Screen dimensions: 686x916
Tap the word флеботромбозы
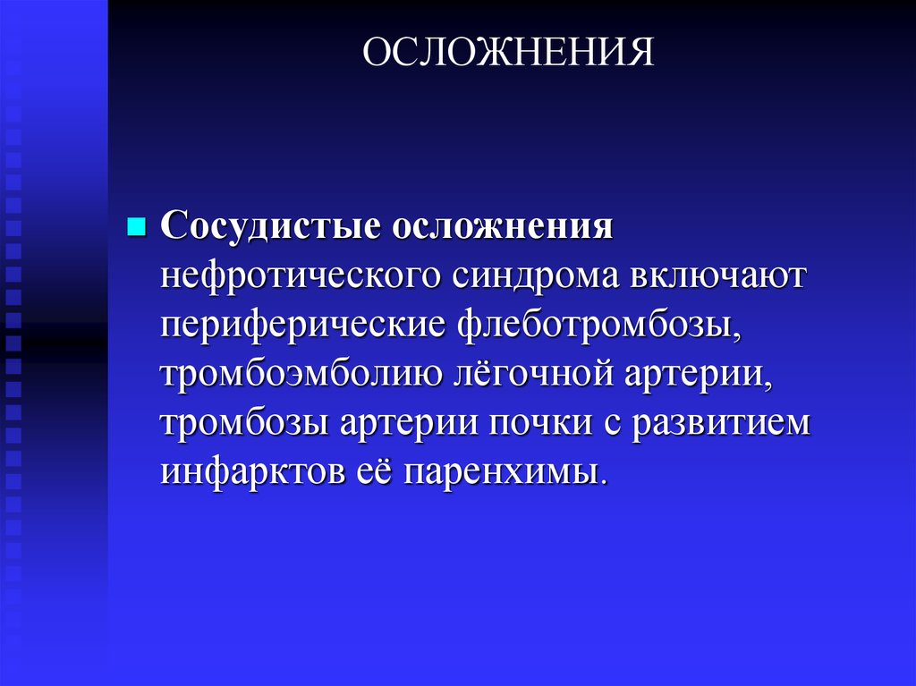600,325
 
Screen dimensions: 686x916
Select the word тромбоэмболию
301,374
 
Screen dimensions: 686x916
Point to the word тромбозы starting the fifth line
244,423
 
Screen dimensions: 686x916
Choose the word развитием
721,423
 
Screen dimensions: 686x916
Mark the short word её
375,472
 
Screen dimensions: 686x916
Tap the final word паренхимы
506,472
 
